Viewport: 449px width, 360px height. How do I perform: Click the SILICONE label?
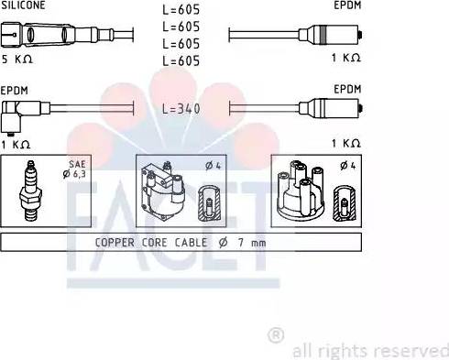click(23, 5)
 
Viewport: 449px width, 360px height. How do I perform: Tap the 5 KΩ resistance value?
click(16, 59)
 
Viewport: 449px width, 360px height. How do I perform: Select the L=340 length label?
click(181, 108)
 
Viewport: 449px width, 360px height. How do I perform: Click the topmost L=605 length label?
click(181, 10)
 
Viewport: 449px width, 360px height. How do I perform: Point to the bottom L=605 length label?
click(181, 60)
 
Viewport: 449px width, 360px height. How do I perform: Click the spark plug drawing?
click(30, 191)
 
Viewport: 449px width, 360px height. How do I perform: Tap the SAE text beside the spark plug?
click(77, 164)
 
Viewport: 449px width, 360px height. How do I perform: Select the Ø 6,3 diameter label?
click(74, 174)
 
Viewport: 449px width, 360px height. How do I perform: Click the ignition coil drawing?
click(162, 191)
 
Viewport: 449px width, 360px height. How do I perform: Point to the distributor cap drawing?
click(301, 191)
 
